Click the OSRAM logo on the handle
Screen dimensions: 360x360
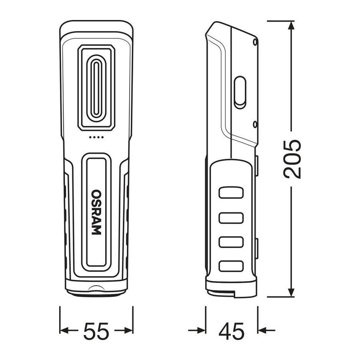tap(96, 212)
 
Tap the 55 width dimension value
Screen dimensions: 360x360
tap(96, 331)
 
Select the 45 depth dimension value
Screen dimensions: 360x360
tap(232, 331)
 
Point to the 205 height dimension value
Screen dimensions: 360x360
tap(292, 159)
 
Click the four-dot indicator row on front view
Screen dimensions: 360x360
tap(96, 137)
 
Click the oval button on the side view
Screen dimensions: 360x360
tap(240, 92)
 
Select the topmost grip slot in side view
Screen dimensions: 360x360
tap(231, 192)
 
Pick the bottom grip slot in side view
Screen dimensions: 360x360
tap(231, 266)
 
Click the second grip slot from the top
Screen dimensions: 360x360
tap(231, 218)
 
